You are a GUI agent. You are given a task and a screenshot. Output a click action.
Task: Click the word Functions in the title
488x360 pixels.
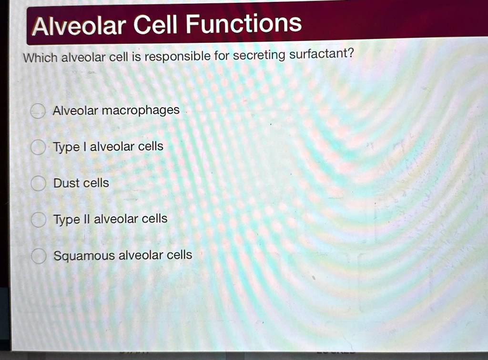coord(244,24)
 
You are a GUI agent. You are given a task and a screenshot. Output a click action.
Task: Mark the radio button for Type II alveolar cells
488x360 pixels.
coord(37,220)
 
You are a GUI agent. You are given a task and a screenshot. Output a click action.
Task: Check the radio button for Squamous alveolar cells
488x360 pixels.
coord(37,256)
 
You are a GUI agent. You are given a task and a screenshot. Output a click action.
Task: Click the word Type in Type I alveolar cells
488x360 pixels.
coord(66,148)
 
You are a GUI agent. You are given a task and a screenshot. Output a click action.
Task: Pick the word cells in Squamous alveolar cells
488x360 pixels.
coord(179,255)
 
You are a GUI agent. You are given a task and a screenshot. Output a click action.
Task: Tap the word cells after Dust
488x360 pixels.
coord(97,183)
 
